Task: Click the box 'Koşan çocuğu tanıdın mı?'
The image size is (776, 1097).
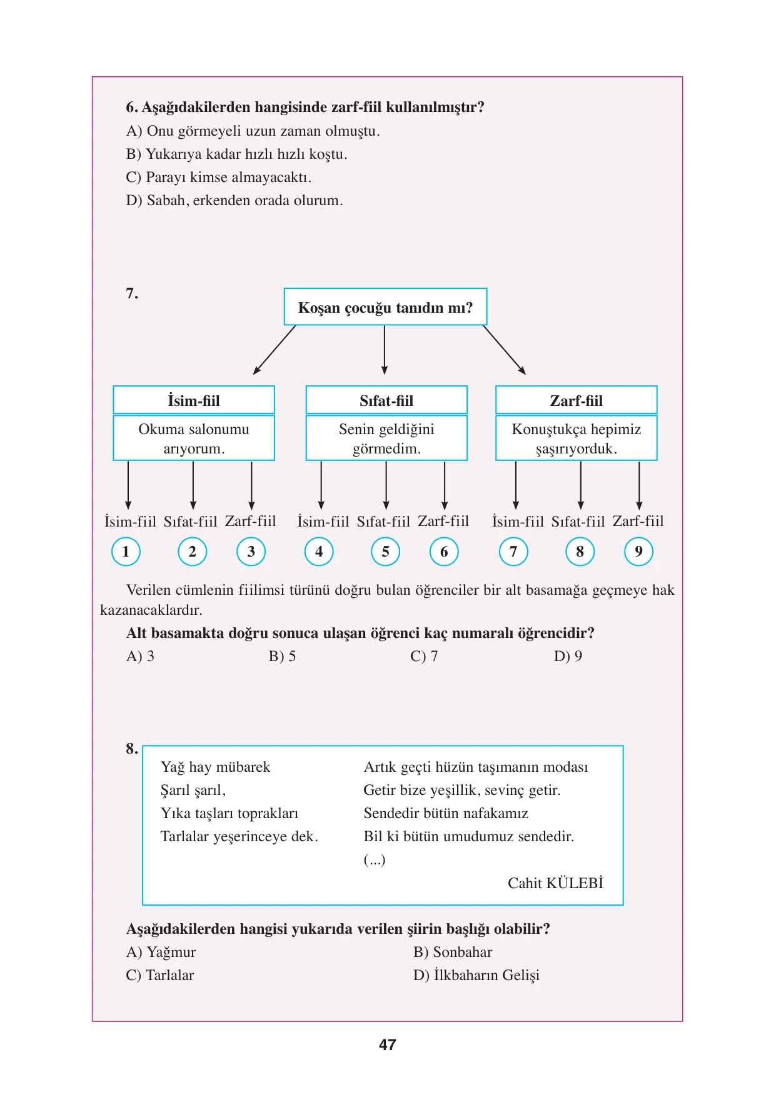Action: (385, 306)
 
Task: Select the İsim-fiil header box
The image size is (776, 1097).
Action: (194, 400)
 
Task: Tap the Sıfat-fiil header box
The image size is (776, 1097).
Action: (386, 400)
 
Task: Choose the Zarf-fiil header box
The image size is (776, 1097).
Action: (577, 400)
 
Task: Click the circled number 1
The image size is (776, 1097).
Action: (126, 552)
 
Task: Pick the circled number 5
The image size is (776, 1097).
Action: (386, 552)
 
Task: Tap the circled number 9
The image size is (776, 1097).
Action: (638, 552)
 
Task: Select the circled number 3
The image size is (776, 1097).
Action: (251, 552)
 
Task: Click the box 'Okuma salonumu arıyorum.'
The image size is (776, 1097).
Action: (194, 438)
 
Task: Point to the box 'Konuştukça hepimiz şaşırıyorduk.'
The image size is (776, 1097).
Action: (577, 438)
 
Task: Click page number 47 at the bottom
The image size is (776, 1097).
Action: (388, 1044)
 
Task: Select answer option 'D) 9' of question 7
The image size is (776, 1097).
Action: (568, 656)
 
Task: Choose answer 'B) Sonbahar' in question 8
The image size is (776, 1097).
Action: (453, 952)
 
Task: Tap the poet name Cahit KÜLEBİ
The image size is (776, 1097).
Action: (555, 882)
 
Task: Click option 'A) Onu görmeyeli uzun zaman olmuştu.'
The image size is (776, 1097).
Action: (253, 131)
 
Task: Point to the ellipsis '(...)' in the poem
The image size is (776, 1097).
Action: (375, 860)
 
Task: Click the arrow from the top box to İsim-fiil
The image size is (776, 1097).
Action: (275, 350)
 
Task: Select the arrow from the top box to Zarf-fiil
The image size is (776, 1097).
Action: (504, 350)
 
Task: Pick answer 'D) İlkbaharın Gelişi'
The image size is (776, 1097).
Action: (476, 975)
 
